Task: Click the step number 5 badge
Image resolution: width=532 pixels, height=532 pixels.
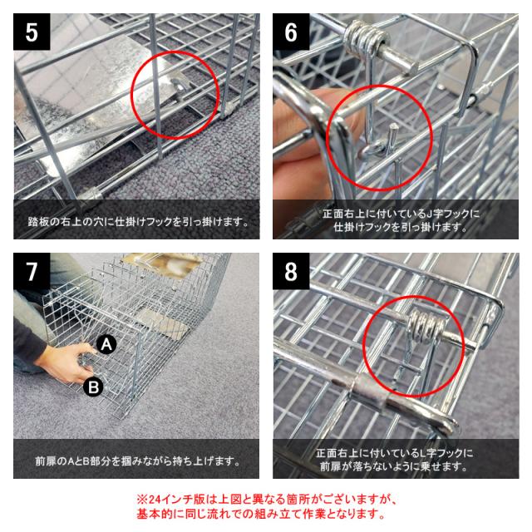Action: (32, 32)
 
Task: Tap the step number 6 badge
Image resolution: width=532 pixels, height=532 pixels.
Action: (291, 32)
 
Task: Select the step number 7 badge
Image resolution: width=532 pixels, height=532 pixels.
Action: (32, 271)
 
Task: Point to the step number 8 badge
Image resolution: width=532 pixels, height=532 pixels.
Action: (291, 271)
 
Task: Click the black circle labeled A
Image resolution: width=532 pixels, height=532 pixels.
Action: (106, 345)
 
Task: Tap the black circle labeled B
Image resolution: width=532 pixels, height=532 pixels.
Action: (93, 387)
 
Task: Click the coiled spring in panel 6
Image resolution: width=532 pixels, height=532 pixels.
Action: (366, 39)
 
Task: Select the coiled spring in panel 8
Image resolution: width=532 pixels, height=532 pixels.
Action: (426, 327)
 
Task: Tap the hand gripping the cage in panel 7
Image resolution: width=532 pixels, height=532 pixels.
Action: (65, 363)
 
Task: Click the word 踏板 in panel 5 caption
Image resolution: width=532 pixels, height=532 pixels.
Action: (36, 222)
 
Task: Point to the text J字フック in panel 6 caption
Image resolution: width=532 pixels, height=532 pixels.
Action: (449, 214)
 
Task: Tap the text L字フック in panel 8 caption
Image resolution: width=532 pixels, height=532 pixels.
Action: (442, 453)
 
